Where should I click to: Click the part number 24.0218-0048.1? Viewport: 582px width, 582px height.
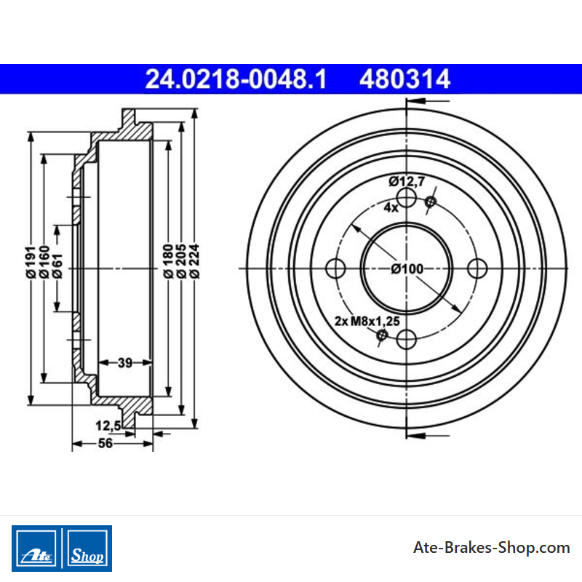[x=236, y=79]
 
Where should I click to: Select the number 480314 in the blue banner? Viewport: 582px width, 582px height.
[x=404, y=79]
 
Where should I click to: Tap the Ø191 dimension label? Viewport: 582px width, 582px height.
[x=31, y=262]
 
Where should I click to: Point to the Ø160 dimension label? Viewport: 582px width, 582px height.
[x=44, y=262]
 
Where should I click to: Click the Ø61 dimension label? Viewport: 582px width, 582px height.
[x=57, y=266]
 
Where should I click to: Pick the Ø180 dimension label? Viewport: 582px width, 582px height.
[x=168, y=261]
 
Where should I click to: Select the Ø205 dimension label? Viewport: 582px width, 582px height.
[x=181, y=261]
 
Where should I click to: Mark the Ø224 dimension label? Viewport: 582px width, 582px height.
[x=194, y=261]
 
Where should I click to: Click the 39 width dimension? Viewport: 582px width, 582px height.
[x=125, y=362]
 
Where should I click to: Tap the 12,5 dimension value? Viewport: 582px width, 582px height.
[x=108, y=426]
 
